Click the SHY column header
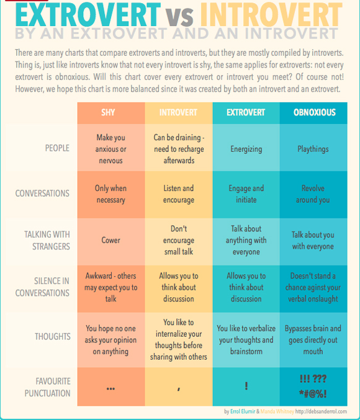pos(108,112)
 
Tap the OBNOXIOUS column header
pos(315,112)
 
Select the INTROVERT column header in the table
pos(178,112)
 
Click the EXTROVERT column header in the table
pos(246,112)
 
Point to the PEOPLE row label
pos(57,148)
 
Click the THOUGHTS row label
pos(53,336)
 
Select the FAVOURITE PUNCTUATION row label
pos(48,387)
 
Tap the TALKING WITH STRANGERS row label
pos(47,240)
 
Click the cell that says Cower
pos(110,240)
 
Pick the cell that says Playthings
pos(313,149)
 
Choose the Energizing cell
pos(246,149)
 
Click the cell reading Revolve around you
pos(313,194)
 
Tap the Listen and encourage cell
pos(179,194)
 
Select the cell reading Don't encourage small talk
pos(179,240)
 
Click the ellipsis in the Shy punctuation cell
pos(110,388)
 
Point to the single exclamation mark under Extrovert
pos(246,386)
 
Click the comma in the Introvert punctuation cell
pos(179,389)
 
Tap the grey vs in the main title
pos(179,16)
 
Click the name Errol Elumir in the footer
pos(243,411)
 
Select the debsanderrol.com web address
pos(321,411)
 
